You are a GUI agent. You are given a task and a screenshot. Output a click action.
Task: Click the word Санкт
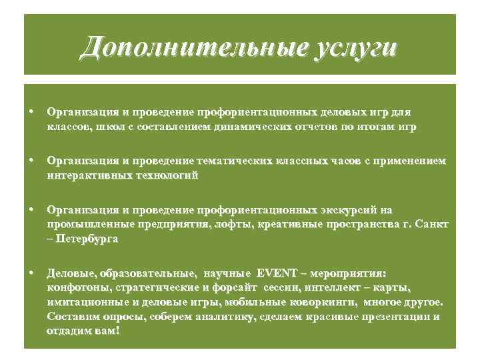tap(434, 223)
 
